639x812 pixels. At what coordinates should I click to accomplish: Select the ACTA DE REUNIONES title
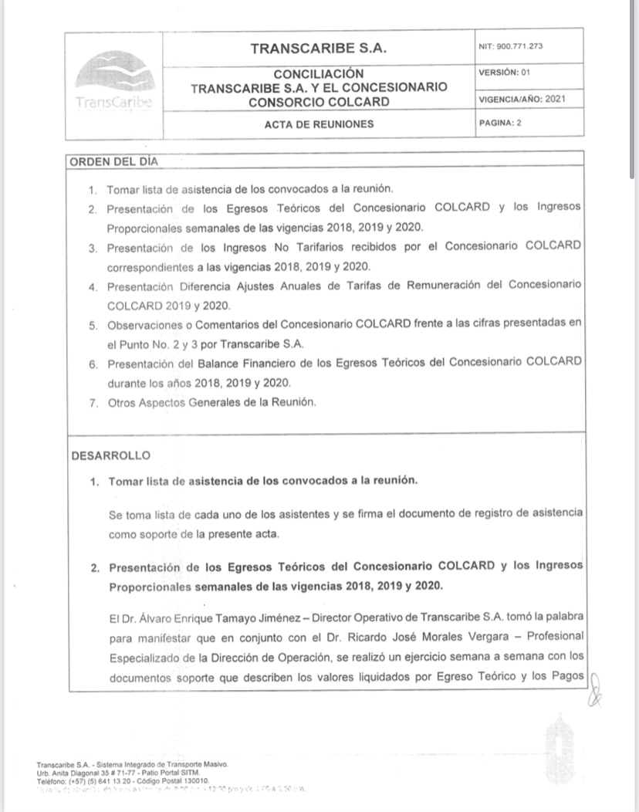319,123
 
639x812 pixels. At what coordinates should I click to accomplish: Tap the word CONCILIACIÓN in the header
319,74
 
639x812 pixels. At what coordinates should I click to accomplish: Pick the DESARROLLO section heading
111,455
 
